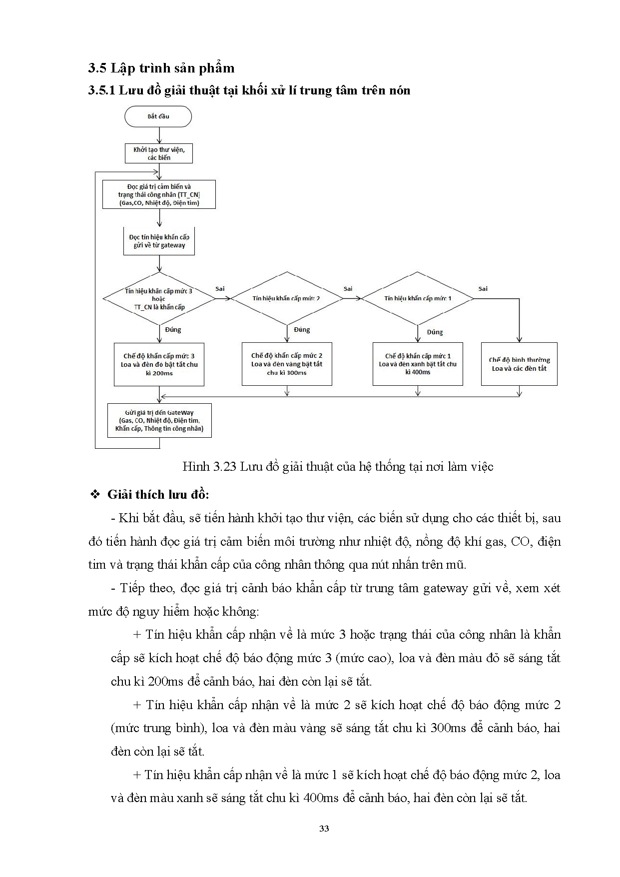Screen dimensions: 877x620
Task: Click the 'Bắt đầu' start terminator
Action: coord(158,116)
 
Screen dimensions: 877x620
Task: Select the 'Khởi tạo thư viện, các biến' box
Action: coord(159,153)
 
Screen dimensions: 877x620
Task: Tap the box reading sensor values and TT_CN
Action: coord(159,194)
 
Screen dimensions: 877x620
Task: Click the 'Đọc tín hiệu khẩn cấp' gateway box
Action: coord(159,241)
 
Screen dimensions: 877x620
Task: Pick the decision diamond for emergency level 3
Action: coord(159,299)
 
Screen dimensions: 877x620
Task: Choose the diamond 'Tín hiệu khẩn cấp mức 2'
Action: coord(287,298)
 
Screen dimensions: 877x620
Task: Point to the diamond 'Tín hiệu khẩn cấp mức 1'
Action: coord(418,298)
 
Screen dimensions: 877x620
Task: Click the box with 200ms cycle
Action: coord(159,364)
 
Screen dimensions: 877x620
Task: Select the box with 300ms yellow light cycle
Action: coord(287,364)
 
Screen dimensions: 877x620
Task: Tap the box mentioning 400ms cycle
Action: coord(418,364)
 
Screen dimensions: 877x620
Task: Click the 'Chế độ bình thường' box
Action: coord(519,364)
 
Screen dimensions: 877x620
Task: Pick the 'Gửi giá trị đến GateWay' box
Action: coord(159,421)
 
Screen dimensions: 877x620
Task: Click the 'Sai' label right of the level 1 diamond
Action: coord(483,289)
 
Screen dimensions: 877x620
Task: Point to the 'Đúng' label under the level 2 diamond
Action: coord(302,330)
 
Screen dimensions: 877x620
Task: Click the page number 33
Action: coord(324,828)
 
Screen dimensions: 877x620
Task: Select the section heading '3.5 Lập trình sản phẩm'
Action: coord(161,68)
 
